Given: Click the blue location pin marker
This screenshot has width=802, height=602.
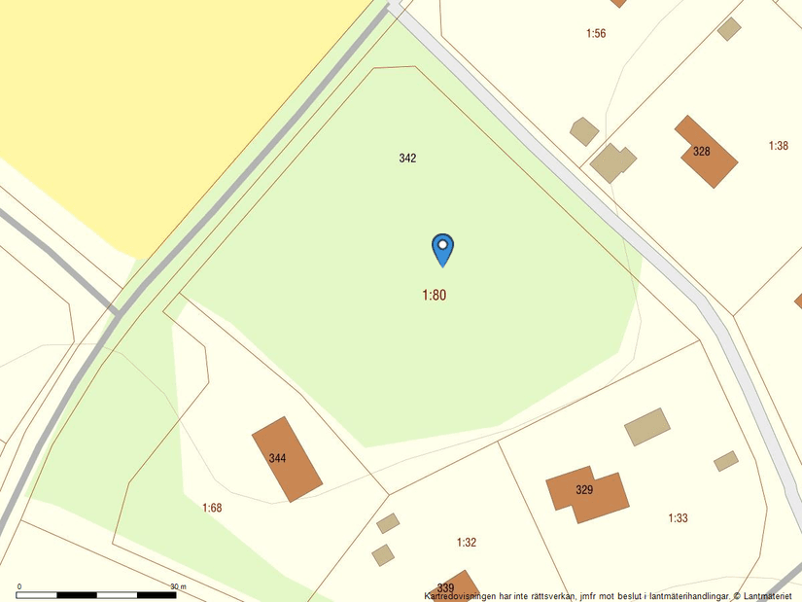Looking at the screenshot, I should tap(442, 248).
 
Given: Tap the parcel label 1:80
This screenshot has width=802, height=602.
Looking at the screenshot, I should tap(434, 295).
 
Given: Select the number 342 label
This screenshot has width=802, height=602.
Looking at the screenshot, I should tap(407, 158).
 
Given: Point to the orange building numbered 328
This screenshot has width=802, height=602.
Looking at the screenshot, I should tap(707, 151).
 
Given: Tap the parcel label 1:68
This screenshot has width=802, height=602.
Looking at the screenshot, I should tap(212, 508).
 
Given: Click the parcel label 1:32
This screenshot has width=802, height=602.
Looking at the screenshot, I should tap(467, 542).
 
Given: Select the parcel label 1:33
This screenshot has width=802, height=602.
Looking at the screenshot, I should tap(678, 518).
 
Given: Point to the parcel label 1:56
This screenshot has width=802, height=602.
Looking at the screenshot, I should tap(596, 34).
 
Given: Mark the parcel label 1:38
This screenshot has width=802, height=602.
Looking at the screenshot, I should tap(778, 146).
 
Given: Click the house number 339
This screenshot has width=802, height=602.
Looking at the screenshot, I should tap(445, 587).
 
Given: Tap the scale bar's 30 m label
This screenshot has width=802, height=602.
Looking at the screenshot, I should tap(178, 586).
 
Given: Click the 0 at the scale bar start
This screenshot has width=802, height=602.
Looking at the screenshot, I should tap(19, 586).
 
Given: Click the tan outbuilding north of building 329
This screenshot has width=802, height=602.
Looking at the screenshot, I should tap(647, 426).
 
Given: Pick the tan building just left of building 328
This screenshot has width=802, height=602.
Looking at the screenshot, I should tap(612, 163).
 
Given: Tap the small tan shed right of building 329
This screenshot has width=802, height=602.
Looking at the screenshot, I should tap(725, 461).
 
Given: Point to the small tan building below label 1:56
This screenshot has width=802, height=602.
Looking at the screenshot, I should tap(583, 131).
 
